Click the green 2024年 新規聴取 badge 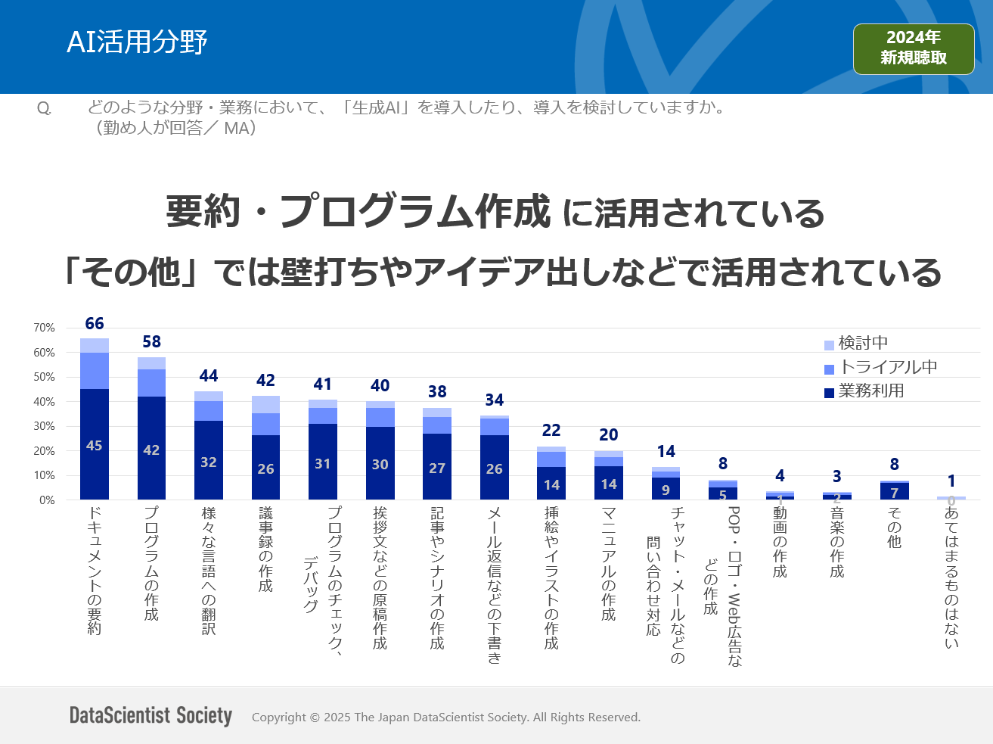click(x=913, y=48)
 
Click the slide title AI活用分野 click(x=137, y=42)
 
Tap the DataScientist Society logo click(x=151, y=715)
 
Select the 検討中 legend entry click(x=855, y=343)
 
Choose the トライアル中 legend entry click(x=880, y=367)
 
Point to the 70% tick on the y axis click(x=44, y=328)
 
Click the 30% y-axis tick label click(x=44, y=426)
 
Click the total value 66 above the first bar click(x=95, y=324)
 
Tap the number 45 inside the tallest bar click(x=95, y=446)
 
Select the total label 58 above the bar click(x=151, y=342)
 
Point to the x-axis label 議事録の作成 click(x=265, y=549)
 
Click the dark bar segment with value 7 click(x=894, y=492)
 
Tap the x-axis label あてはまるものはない click(x=951, y=577)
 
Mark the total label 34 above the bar click(x=495, y=400)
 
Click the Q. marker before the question click(x=45, y=109)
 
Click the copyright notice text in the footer click(x=446, y=718)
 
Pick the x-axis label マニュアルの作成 click(x=608, y=563)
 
